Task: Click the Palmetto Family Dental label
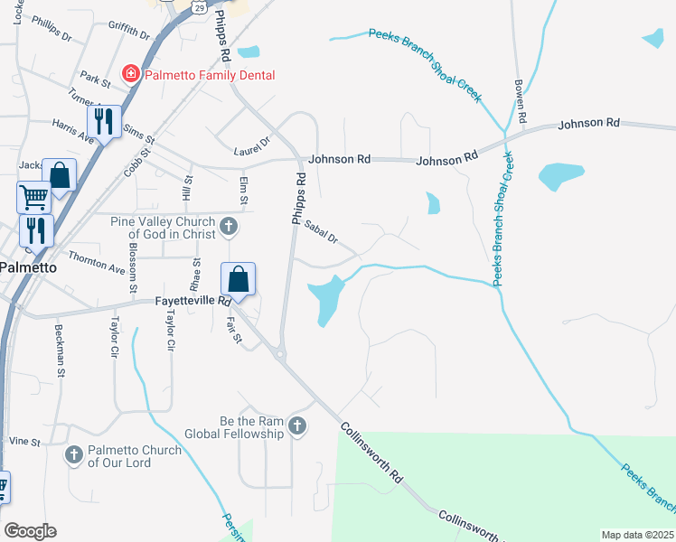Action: (x=209, y=75)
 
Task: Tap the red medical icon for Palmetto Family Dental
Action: (x=131, y=73)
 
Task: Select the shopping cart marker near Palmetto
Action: (x=33, y=195)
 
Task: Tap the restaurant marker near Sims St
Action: (x=104, y=121)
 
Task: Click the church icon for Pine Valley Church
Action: (x=229, y=225)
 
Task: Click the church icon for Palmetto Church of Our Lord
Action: (x=74, y=454)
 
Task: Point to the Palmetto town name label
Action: (x=28, y=268)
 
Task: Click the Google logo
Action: (x=29, y=531)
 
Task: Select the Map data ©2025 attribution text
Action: (x=637, y=535)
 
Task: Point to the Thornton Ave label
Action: (x=97, y=263)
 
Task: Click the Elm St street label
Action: (x=244, y=190)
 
